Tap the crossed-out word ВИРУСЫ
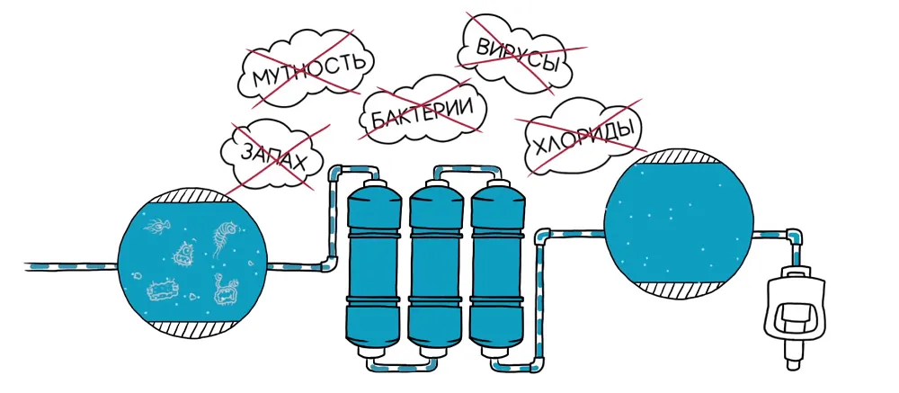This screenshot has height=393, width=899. (517, 56)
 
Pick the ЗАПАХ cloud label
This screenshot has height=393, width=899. (273, 156)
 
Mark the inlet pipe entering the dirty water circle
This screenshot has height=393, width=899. (72, 266)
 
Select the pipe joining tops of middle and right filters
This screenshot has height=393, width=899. (467, 169)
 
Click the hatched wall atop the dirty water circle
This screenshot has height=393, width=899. (193, 195)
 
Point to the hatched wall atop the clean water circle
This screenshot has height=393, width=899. (678, 156)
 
